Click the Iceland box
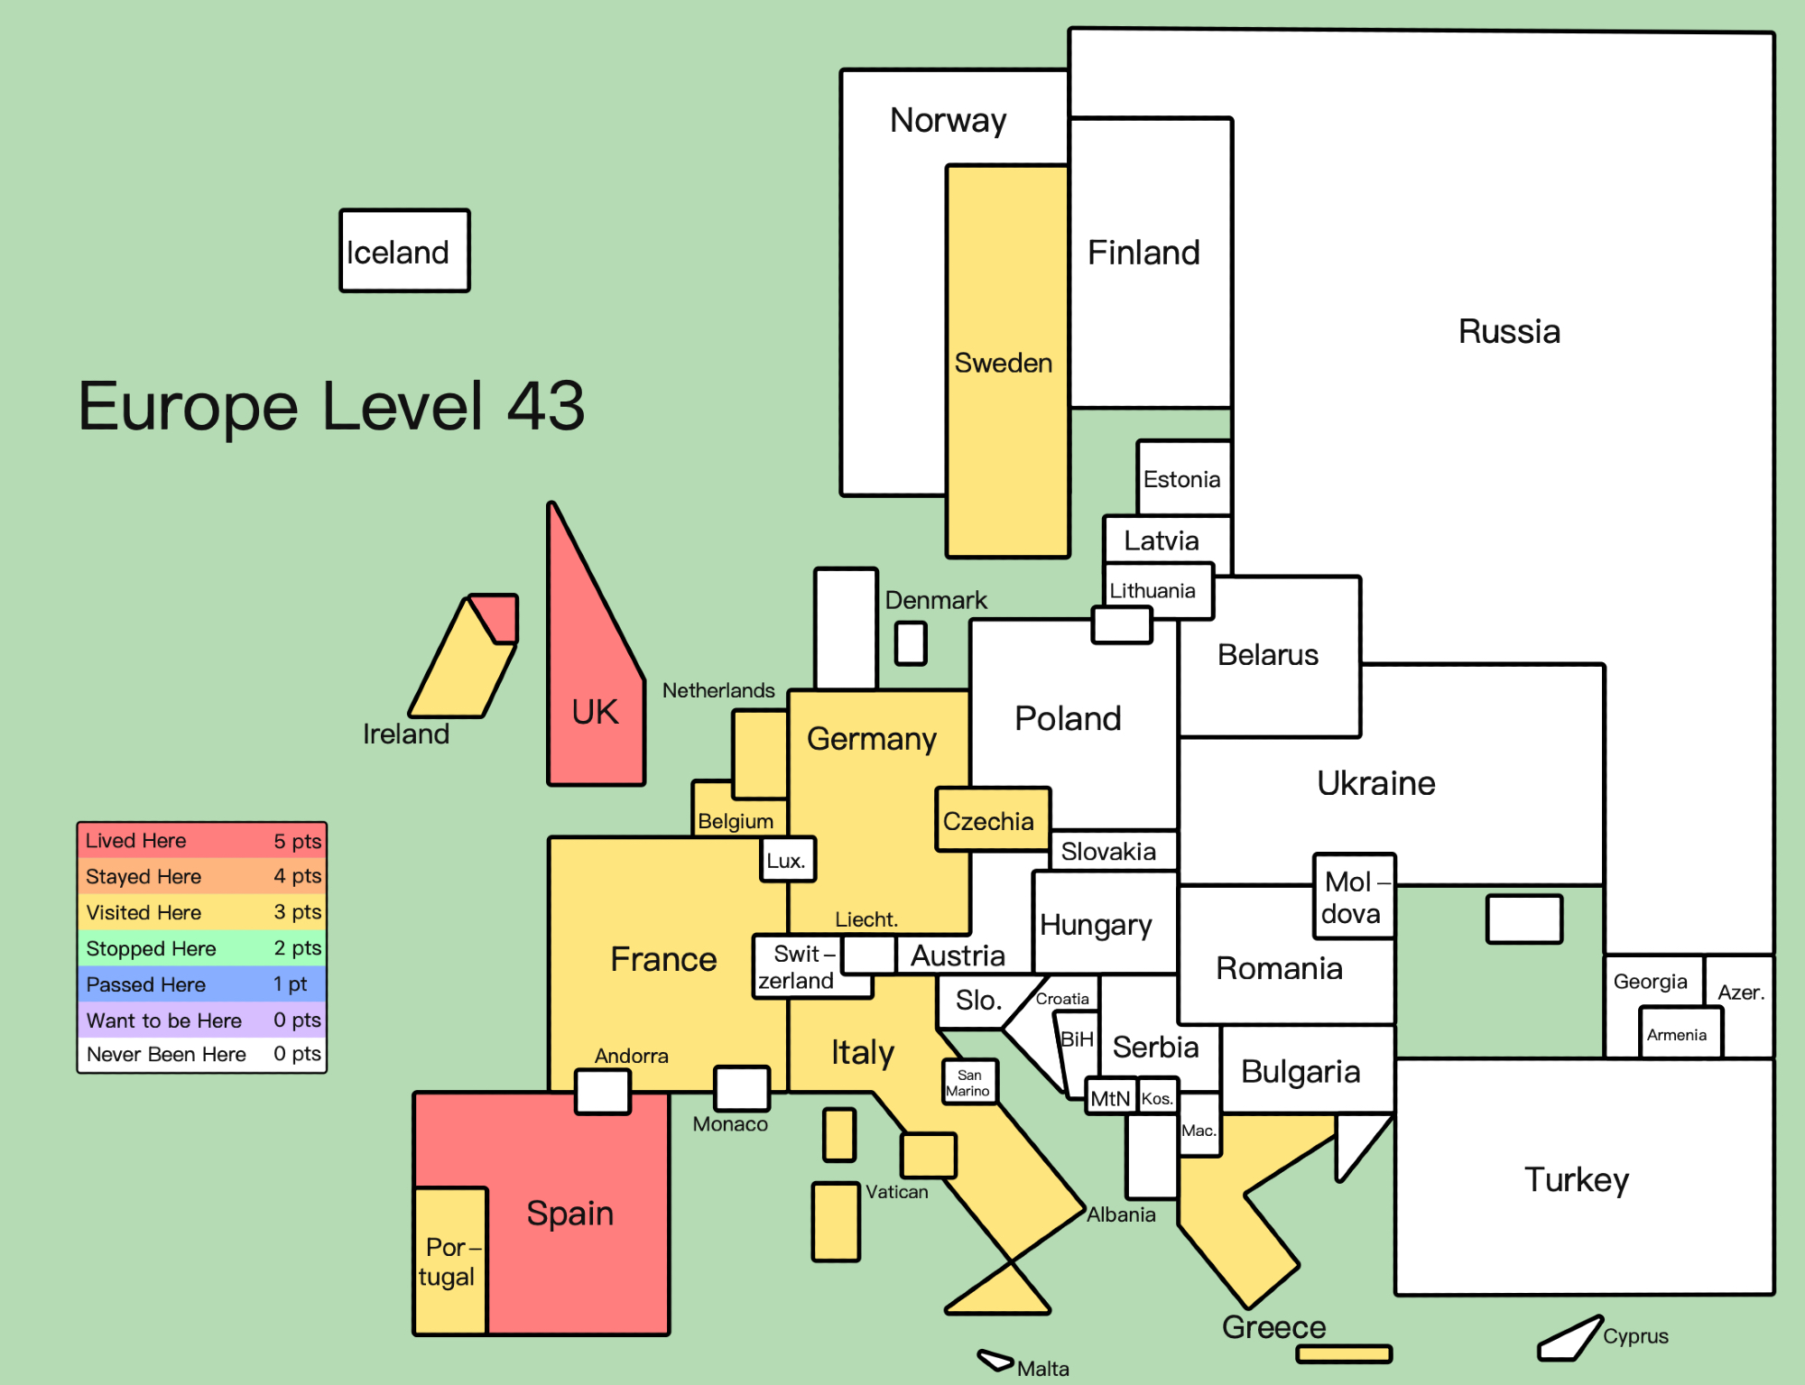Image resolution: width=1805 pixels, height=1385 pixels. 404,251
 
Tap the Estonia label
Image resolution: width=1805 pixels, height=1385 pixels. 1181,479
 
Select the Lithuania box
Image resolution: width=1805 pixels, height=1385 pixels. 1159,591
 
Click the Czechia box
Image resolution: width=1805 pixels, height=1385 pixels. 993,819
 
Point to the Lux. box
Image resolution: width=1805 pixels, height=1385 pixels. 788,860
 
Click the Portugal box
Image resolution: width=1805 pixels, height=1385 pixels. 450,1260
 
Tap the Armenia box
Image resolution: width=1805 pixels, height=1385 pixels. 1680,1032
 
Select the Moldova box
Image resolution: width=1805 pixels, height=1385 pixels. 1354,897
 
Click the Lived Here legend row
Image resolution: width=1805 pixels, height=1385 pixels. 202,840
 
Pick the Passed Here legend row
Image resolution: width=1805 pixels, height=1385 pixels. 202,983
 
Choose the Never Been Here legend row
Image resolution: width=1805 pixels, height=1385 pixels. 202,1054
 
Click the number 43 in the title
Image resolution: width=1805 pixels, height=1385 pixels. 546,405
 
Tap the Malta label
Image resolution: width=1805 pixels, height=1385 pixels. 1042,1369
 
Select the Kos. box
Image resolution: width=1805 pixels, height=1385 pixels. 1158,1096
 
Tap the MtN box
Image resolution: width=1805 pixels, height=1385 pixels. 1111,1096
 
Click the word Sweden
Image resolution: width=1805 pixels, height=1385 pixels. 1004,363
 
